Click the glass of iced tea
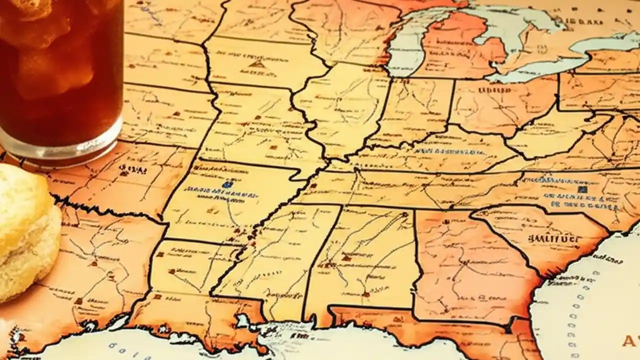(x=60, y=70)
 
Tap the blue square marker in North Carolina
(x=581, y=189)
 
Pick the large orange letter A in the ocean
(x=629, y=341)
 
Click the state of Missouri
(x=255, y=125)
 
